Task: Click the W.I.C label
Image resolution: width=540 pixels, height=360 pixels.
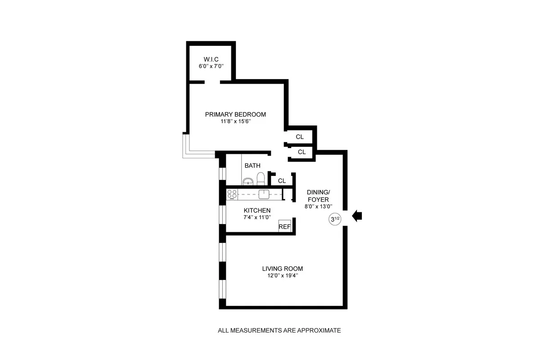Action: click(211, 59)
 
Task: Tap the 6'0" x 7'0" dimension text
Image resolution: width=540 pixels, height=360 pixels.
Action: click(211, 66)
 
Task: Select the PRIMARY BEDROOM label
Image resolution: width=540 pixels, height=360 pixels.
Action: click(235, 114)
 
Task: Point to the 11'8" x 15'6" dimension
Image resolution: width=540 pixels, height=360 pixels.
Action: click(235, 121)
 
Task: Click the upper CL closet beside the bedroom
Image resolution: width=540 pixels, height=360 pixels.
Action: click(300, 136)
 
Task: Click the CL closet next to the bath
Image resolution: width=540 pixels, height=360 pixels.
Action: click(282, 180)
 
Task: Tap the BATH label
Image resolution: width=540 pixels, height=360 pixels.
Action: click(252, 166)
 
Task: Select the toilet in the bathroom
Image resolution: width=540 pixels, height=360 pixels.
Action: click(259, 179)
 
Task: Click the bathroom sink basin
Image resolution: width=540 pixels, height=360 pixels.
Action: click(248, 181)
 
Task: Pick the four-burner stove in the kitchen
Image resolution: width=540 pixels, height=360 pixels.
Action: click(232, 194)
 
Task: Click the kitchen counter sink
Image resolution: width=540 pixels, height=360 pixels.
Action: click(264, 194)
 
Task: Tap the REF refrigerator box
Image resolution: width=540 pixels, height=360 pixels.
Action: click(284, 227)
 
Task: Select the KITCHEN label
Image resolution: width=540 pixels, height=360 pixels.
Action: click(257, 210)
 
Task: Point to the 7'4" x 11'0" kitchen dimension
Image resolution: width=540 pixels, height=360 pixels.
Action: click(257, 217)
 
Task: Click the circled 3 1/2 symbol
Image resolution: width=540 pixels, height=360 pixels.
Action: click(335, 220)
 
